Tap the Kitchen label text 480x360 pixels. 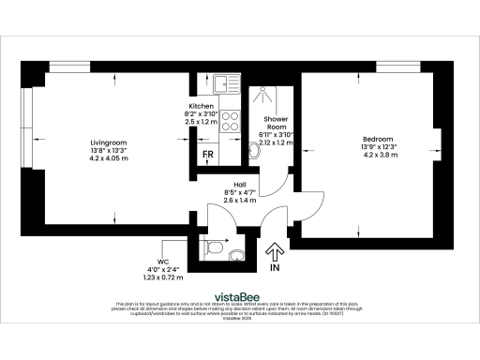coord(201,107)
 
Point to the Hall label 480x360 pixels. coord(241,184)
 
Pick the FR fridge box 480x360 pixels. coord(206,156)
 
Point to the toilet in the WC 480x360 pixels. coord(214,248)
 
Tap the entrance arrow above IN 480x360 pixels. coord(275,251)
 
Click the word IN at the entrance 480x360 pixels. coord(275,268)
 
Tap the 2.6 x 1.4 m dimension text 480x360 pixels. coord(241,200)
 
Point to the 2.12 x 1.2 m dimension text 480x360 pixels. coord(277,142)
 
